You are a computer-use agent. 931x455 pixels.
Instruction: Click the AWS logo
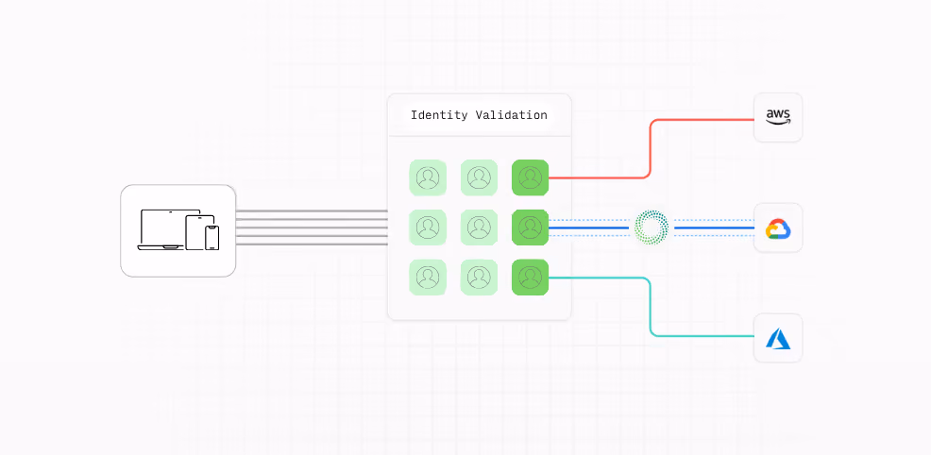click(778, 117)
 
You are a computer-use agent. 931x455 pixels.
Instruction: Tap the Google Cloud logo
click(778, 228)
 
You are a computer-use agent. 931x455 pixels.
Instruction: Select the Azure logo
click(778, 339)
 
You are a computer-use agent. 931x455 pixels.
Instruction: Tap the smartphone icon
click(212, 238)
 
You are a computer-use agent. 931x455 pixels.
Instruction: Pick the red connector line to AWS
click(651, 148)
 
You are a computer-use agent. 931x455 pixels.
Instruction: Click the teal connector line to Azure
click(651, 307)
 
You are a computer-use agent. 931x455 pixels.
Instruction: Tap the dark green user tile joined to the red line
click(531, 178)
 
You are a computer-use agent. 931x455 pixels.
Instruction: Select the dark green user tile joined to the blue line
click(531, 227)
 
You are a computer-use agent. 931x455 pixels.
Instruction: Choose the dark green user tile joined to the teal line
click(531, 277)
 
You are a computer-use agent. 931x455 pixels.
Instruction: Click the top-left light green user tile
click(428, 178)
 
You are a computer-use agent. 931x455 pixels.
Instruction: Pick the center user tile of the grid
click(479, 227)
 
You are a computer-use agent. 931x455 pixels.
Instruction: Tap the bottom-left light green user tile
click(428, 277)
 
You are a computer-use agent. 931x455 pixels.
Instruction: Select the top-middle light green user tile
click(479, 178)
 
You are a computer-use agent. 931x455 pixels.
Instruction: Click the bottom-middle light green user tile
click(479, 277)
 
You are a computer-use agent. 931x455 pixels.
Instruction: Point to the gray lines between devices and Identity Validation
click(312, 227)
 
